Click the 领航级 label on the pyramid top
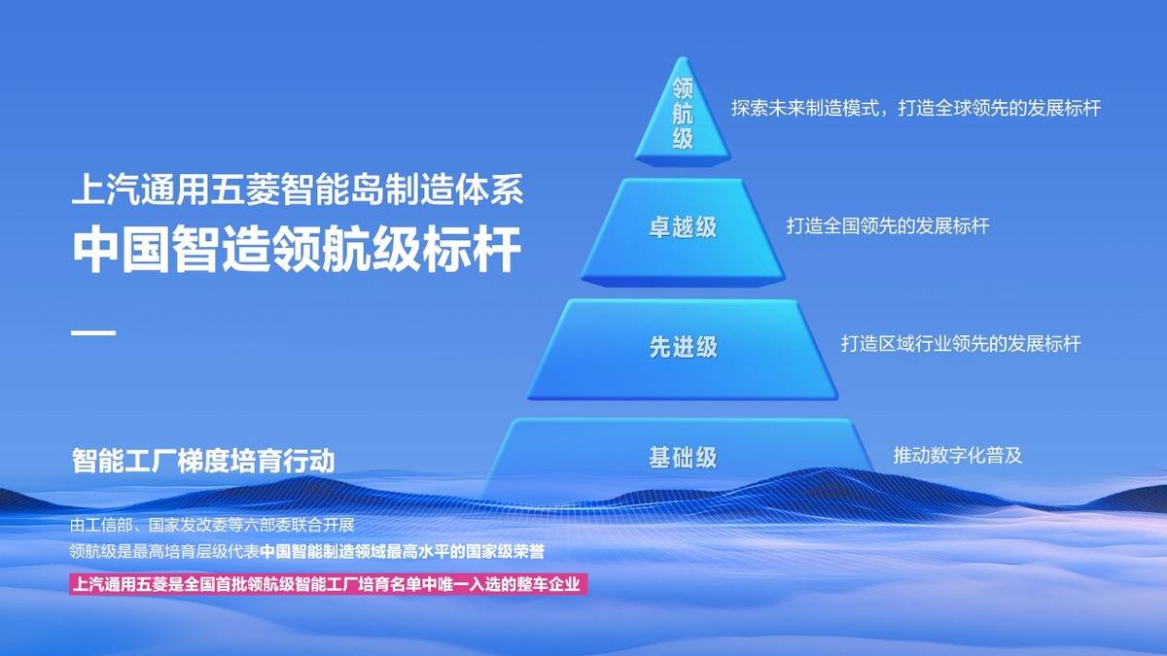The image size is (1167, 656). pos(683,115)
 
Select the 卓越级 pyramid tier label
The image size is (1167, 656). pos(683,227)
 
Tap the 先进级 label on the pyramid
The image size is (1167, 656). pos(683,347)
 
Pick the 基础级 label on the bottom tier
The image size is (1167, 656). pos(683,458)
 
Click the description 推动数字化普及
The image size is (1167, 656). pos(958,455)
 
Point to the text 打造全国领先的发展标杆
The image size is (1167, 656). pos(888,226)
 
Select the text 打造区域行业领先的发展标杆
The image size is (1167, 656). pos(961,344)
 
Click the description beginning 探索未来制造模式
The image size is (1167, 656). pos(916,108)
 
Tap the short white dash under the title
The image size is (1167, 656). pos(94,333)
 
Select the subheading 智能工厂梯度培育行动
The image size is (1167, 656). pos(203,461)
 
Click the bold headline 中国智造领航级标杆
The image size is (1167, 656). pos(298,252)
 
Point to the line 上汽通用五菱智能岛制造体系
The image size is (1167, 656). pos(298,190)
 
